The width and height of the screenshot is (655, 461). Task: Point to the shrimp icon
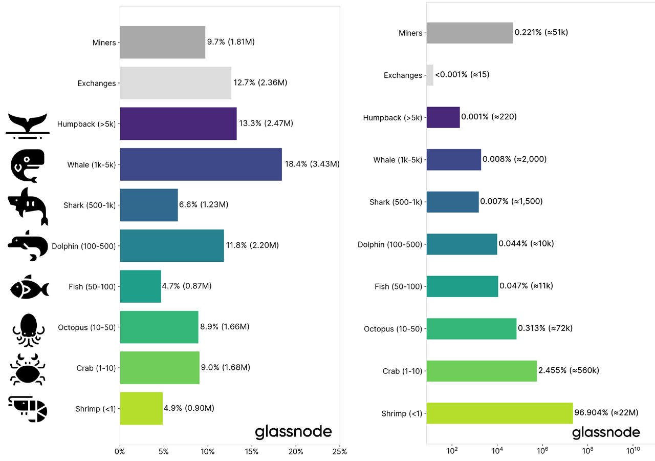pyautogui.click(x=28, y=409)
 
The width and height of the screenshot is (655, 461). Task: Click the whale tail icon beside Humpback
pyautogui.click(x=28, y=124)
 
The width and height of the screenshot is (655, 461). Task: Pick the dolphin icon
pyautogui.click(x=28, y=246)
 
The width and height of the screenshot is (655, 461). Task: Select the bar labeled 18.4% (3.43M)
pyautogui.click(x=201, y=164)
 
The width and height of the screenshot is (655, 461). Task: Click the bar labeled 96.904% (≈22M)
pyautogui.click(x=499, y=413)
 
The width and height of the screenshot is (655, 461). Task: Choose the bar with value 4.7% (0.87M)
pyautogui.click(x=140, y=286)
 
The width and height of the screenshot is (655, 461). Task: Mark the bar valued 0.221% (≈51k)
pyautogui.click(x=469, y=33)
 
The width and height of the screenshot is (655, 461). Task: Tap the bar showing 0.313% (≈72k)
pyautogui.click(x=471, y=328)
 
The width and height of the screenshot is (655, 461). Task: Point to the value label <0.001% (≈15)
pyautogui.click(x=462, y=75)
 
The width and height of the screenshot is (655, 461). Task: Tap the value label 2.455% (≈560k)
pyautogui.click(x=569, y=370)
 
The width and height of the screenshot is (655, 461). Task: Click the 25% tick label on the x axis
pyautogui.click(x=339, y=452)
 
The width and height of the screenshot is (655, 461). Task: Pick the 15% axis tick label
pyautogui.click(x=252, y=452)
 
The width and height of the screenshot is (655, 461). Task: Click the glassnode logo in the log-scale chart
pyautogui.click(x=606, y=432)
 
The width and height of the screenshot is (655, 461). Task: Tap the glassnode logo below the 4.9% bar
pyautogui.click(x=293, y=432)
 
